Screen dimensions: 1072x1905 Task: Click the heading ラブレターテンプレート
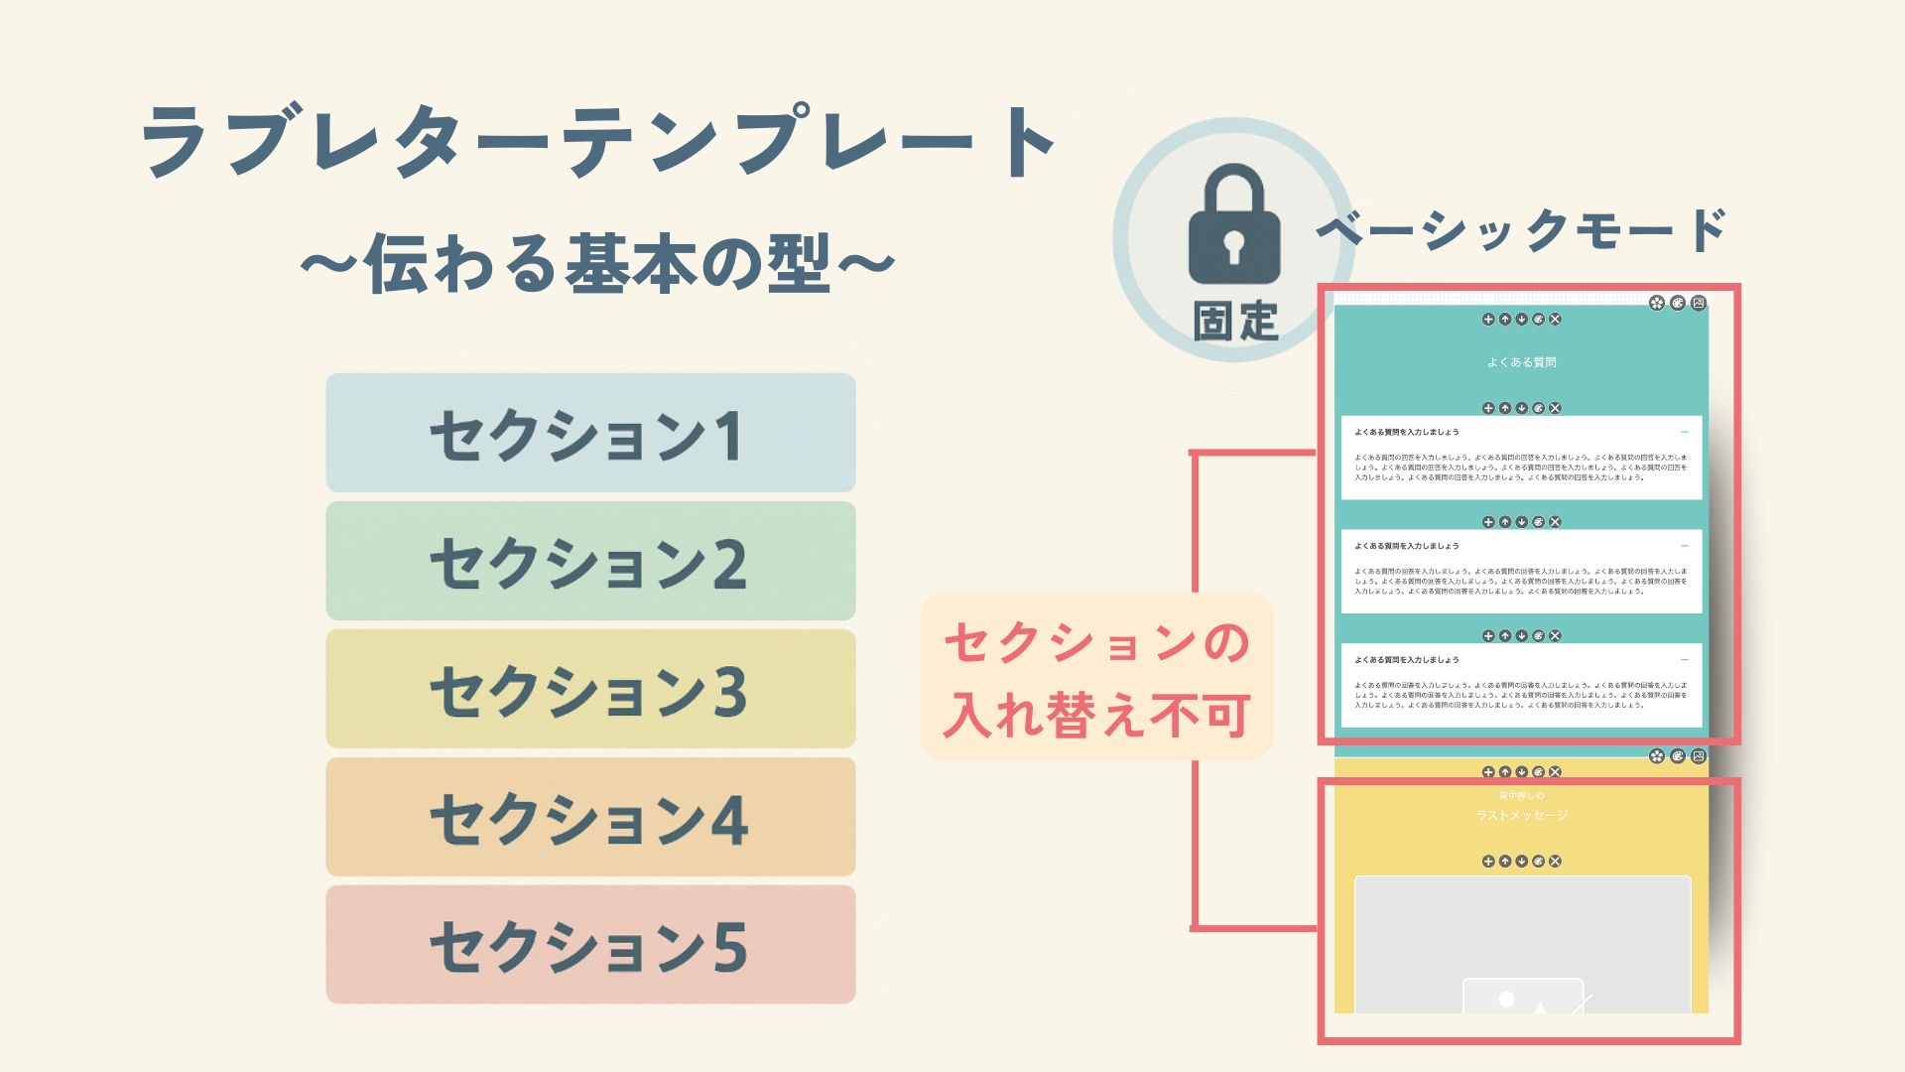pyautogui.click(x=599, y=142)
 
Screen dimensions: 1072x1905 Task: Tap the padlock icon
pyautogui.click(x=1233, y=225)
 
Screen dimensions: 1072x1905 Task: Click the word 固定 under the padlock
pyautogui.click(x=1234, y=321)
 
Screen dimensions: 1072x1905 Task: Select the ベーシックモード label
pyautogui.click(x=1522, y=230)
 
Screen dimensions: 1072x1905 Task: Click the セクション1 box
pyautogui.click(x=590, y=433)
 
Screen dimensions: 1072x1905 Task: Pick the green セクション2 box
pyautogui.click(x=590, y=561)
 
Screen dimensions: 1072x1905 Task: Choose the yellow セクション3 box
pyautogui.click(x=590, y=689)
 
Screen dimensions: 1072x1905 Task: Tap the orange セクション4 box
pyautogui.click(x=590, y=817)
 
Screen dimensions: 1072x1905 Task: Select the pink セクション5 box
pyautogui.click(x=590, y=945)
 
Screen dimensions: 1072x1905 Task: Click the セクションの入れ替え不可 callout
pyautogui.click(x=1096, y=677)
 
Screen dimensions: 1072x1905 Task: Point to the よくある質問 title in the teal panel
pyautogui.click(x=1521, y=362)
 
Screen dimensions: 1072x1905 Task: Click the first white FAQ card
pyautogui.click(x=1521, y=458)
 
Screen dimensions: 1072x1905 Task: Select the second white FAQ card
pyautogui.click(x=1521, y=571)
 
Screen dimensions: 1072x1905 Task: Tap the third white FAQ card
pyautogui.click(x=1521, y=685)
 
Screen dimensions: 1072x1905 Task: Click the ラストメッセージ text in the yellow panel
pyautogui.click(x=1522, y=815)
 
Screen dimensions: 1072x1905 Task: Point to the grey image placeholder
pyautogui.click(x=1522, y=943)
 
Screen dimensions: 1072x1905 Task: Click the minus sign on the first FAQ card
pyautogui.click(x=1685, y=433)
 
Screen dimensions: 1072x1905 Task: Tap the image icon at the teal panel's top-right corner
pyautogui.click(x=1699, y=303)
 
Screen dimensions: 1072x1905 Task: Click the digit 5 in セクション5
pyautogui.click(x=729, y=947)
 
